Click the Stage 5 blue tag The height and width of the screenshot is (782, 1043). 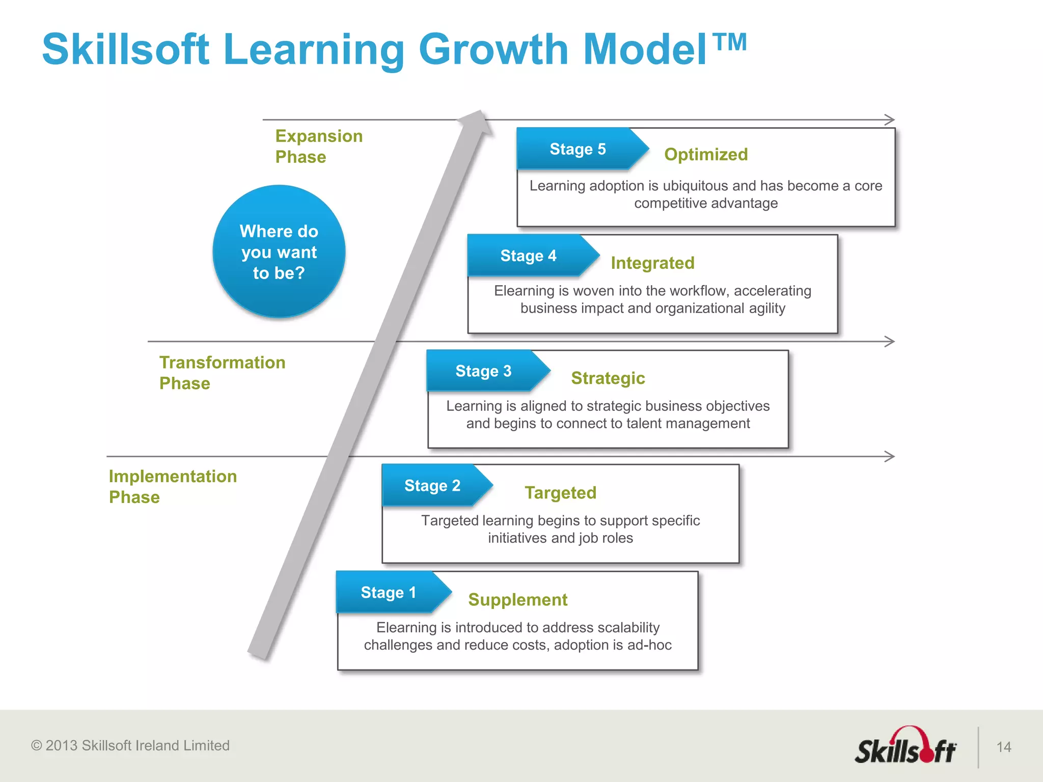578,149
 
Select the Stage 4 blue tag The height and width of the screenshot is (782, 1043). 529,256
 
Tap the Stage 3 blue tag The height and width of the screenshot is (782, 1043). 484,371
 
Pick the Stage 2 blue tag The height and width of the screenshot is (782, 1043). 432,485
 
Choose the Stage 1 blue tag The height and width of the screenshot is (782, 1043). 389,592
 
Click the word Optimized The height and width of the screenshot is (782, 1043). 706,154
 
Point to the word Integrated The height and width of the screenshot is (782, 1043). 652,263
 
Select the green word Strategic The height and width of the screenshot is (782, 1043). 608,378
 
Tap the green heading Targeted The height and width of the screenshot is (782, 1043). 560,492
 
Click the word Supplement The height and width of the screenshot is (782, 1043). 517,599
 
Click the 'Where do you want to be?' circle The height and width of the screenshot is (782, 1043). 279,252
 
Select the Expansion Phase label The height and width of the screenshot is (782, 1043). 319,146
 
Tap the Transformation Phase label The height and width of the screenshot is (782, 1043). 222,372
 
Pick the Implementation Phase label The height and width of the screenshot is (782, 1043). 173,486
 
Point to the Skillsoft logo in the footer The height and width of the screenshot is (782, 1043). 905,747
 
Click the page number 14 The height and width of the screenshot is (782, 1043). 1003,747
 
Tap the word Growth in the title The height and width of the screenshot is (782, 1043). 493,49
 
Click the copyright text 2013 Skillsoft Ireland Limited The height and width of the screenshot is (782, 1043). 130,745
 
